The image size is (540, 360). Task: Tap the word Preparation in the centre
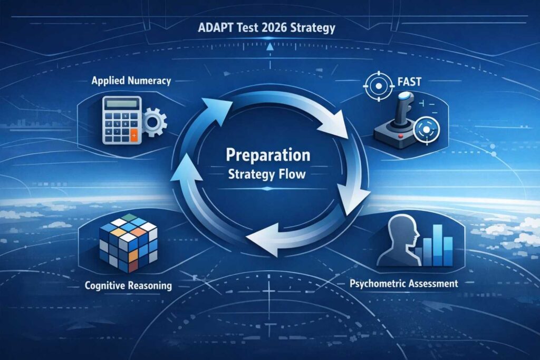268,156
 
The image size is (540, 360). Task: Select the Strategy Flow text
268,174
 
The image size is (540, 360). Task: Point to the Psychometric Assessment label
404,284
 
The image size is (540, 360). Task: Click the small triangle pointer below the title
269,46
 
